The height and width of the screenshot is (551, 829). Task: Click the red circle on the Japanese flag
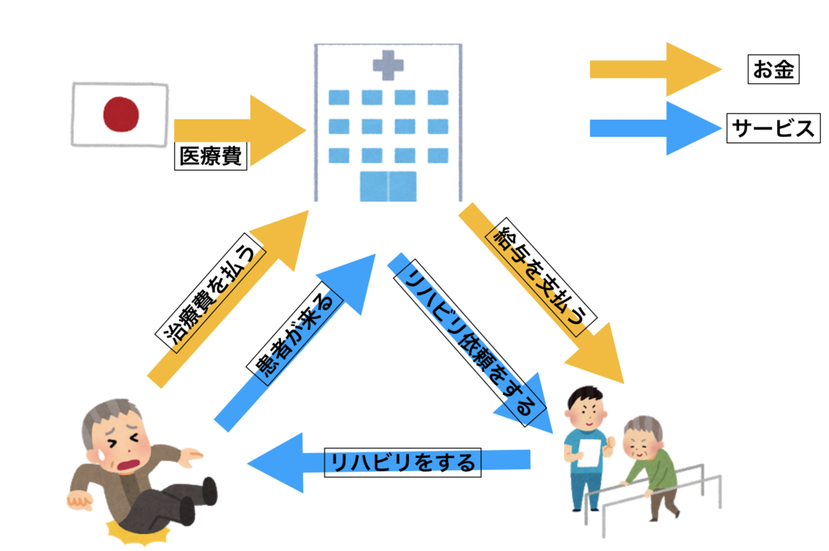click(x=121, y=114)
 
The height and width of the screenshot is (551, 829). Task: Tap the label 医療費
click(x=210, y=156)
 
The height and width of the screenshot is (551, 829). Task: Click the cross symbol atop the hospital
click(x=388, y=64)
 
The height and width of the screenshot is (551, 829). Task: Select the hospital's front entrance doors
click(x=388, y=185)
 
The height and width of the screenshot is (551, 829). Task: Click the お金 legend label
click(x=772, y=70)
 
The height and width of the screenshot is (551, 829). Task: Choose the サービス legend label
click(x=772, y=128)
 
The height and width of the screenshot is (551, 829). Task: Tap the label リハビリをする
click(x=402, y=463)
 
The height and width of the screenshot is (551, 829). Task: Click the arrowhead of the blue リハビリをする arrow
click(x=275, y=463)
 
